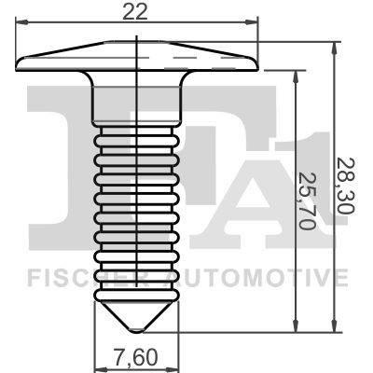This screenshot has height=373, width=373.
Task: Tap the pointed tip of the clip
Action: coord(137,334)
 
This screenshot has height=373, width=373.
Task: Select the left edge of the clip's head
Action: coord(19,62)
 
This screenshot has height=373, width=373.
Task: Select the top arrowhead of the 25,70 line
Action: coord(297,78)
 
